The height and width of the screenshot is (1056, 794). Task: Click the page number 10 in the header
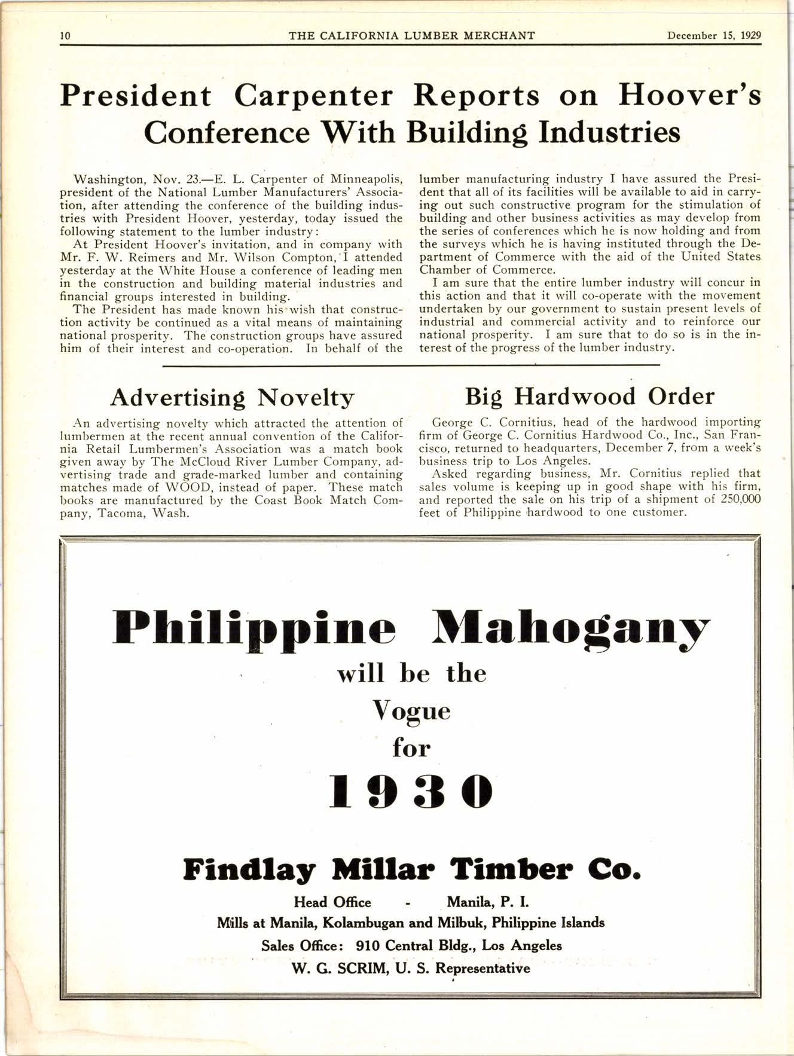point(65,35)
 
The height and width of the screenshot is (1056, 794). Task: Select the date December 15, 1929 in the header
point(714,35)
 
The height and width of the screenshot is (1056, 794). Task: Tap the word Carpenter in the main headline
point(314,96)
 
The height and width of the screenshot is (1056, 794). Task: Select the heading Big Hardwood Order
point(590,396)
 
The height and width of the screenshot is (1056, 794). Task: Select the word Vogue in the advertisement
point(411,712)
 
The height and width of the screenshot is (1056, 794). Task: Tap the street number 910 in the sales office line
point(368,945)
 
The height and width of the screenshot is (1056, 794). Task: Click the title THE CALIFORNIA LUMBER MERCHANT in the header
point(411,35)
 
